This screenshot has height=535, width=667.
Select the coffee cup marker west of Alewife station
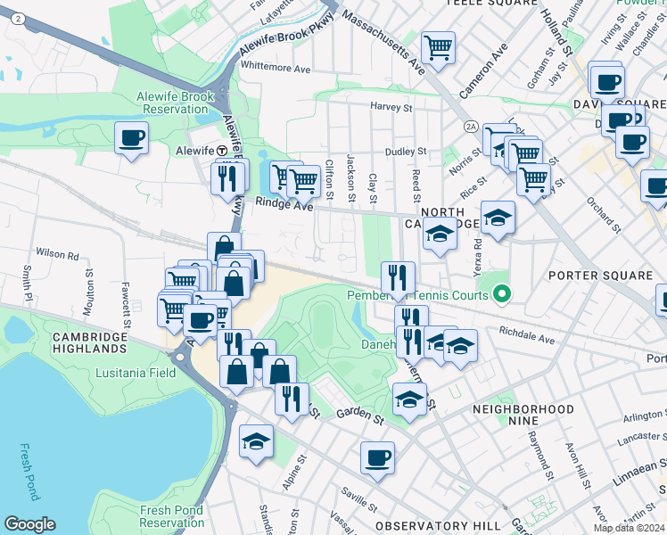coord(132,139)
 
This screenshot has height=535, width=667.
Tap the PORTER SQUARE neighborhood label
coord(600,276)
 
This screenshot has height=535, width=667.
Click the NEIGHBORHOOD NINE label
coord(523,416)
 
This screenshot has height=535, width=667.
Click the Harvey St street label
coord(391,107)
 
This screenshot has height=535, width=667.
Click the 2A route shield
coord(471,128)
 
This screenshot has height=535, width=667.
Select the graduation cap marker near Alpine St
coord(256,440)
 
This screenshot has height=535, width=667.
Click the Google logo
coord(29,524)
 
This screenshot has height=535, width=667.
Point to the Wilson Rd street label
coord(56,254)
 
